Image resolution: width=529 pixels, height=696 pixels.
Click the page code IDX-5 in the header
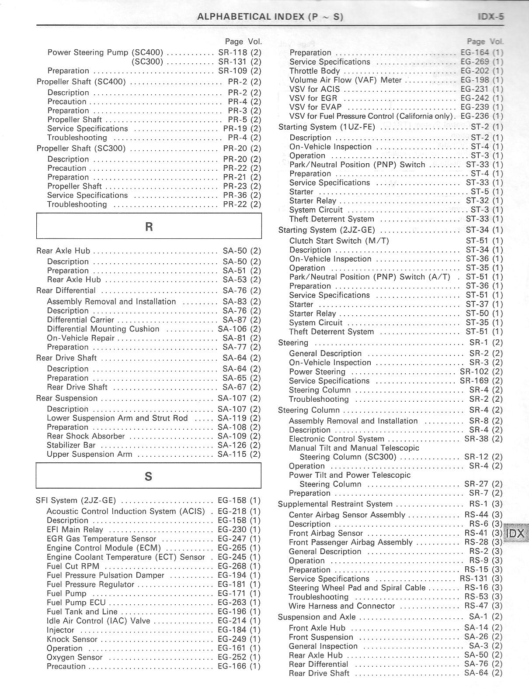pos(490,17)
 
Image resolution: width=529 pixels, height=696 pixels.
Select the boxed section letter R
pos(149,226)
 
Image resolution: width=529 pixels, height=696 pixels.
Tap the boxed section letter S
pos(148,476)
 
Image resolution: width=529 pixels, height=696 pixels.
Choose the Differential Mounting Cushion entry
pos(103,329)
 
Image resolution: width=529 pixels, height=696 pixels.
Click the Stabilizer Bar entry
pos(71,445)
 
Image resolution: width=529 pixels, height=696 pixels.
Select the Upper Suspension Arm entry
pos(89,455)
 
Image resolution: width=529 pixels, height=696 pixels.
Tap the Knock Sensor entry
pos(72,639)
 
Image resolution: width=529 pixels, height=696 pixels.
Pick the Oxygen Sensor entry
pos(74,658)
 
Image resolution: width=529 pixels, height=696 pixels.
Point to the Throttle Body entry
pos(314,71)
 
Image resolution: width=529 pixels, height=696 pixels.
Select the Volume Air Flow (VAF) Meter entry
pos(345,80)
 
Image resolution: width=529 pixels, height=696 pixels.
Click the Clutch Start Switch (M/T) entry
pos(339,241)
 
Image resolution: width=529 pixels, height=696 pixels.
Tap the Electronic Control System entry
pos(337,439)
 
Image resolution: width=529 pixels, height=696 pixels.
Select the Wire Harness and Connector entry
pos(341,606)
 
